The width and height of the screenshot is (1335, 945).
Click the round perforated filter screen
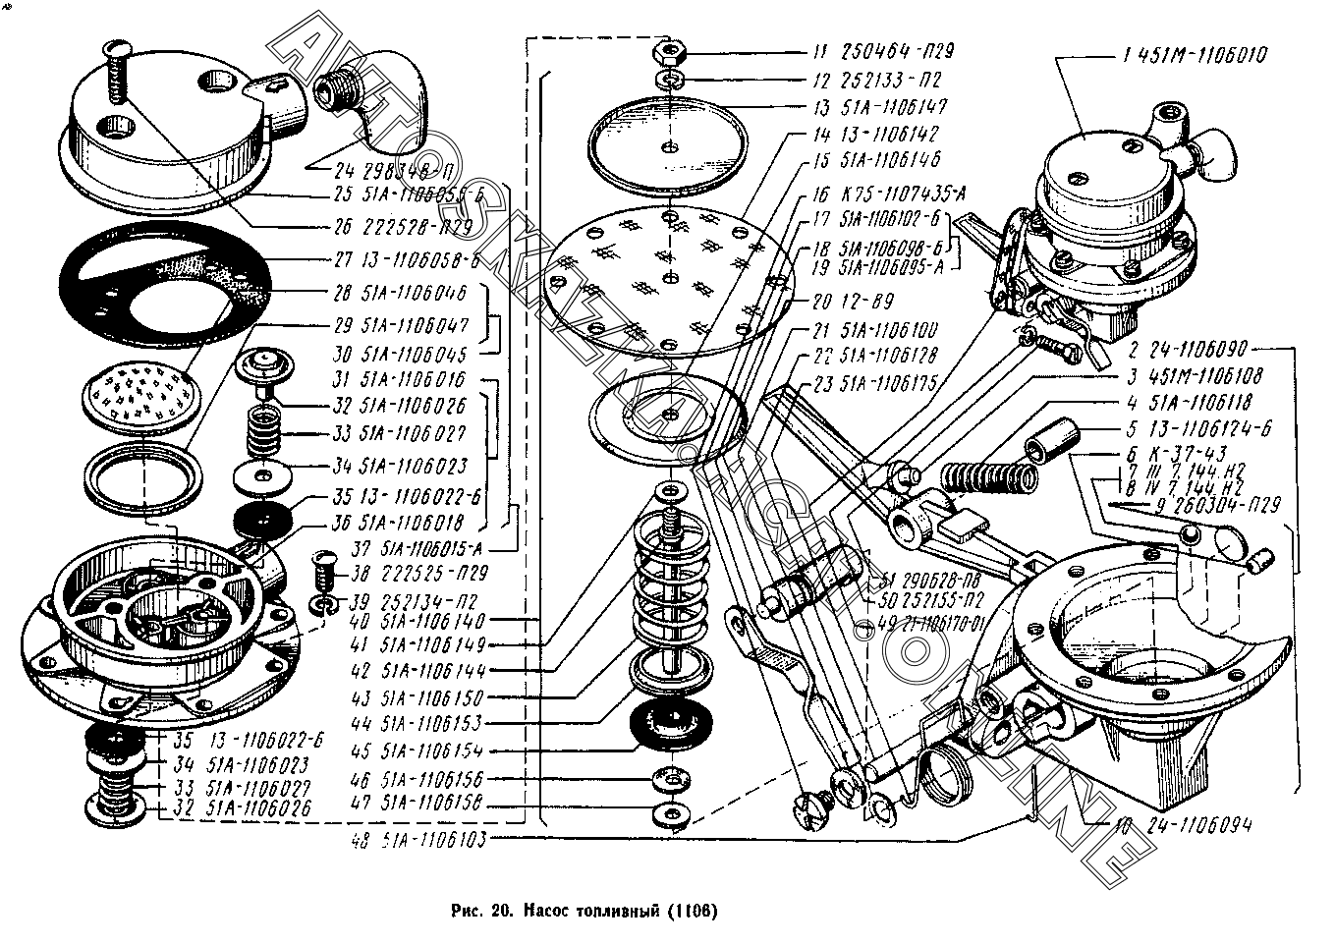point(141,394)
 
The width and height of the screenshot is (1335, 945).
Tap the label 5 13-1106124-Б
point(1188,428)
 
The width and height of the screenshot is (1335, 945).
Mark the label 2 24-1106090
point(1188,349)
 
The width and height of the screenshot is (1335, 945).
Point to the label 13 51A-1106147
point(880,106)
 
